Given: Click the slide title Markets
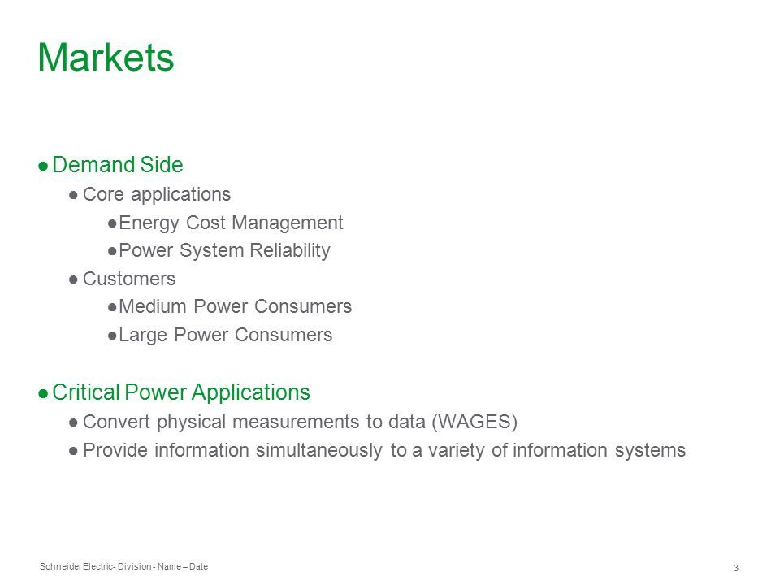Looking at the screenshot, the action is pyautogui.click(x=106, y=57).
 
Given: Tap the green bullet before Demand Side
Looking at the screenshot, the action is pyautogui.click(x=43, y=166).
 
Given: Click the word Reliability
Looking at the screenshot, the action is pyautogui.click(x=290, y=251).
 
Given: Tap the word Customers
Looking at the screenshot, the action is pyautogui.click(x=129, y=279).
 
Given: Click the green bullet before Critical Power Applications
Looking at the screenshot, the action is pyautogui.click(x=43, y=393).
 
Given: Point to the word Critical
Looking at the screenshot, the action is pyautogui.click(x=85, y=392).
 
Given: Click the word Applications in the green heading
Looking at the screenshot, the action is pyautogui.click(x=251, y=392).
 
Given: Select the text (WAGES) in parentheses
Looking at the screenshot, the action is pyautogui.click(x=474, y=422).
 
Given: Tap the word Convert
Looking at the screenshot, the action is pyautogui.click(x=116, y=422).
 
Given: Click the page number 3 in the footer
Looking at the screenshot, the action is pyautogui.click(x=736, y=568).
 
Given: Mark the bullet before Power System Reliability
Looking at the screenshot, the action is pyautogui.click(x=112, y=251).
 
